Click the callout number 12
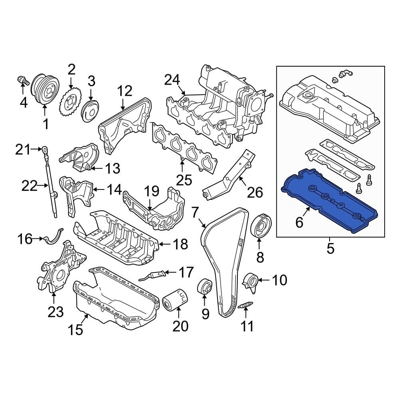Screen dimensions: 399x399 click(124, 91)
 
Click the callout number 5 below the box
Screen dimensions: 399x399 click(330, 249)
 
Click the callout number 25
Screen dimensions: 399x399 click(185, 180)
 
